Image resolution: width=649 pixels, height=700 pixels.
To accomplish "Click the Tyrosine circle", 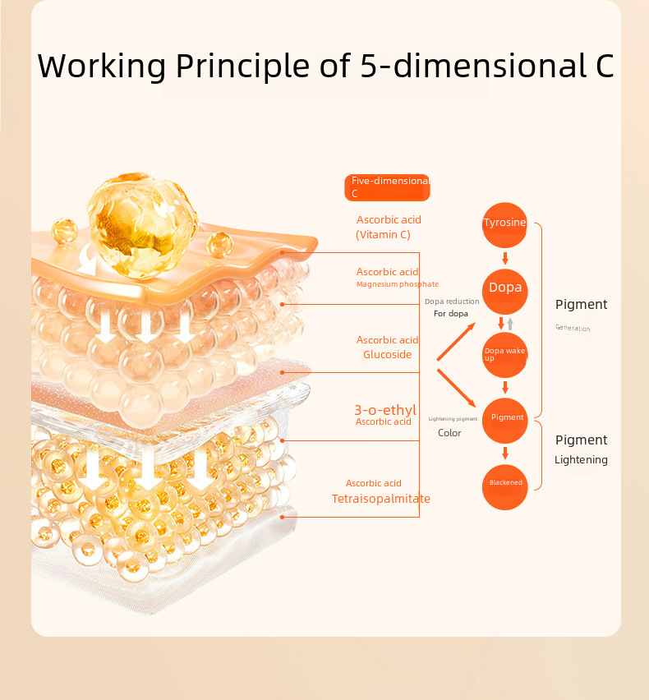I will [x=504, y=224].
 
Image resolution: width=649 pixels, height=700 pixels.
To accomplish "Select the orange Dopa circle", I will [x=504, y=288].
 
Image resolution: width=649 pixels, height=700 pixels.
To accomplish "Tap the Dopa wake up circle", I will [x=504, y=354].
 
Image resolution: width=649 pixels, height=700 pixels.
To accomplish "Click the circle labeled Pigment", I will [x=504, y=418].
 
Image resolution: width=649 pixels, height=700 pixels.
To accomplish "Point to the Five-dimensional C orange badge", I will [x=387, y=187].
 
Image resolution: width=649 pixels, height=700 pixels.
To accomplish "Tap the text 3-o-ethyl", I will [x=384, y=409].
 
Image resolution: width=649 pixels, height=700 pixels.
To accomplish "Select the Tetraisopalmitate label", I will [x=380, y=499].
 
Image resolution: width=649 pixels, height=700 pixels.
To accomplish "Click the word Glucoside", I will [x=387, y=355].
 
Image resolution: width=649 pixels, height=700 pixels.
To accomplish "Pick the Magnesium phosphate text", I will [x=397, y=285].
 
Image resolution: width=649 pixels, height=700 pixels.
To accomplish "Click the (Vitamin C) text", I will [x=383, y=235].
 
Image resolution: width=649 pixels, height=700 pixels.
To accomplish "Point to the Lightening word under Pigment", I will [x=581, y=460].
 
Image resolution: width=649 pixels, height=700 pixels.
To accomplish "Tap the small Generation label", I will [x=573, y=328].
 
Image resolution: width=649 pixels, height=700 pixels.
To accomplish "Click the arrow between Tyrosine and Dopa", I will [x=504, y=258].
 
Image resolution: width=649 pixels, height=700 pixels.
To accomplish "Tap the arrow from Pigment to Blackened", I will [x=504, y=452].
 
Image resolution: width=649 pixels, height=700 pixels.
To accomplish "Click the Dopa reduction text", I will [x=451, y=302].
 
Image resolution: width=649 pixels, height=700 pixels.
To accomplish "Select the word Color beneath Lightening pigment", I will [x=449, y=433].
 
